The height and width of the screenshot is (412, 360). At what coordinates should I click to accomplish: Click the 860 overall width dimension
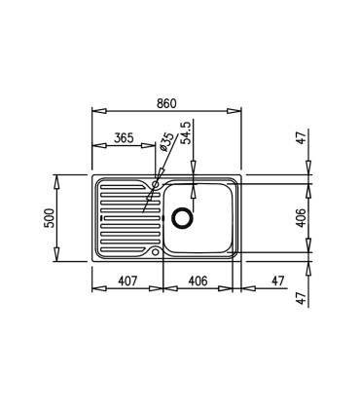point(166,103)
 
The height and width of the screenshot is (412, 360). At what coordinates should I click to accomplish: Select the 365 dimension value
point(124,138)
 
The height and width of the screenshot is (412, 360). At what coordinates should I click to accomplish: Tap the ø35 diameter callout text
point(166,141)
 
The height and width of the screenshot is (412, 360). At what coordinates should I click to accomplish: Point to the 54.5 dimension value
point(187,132)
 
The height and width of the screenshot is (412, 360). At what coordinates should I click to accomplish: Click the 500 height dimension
point(49,218)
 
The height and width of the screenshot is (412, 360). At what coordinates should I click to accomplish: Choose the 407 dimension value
point(127,281)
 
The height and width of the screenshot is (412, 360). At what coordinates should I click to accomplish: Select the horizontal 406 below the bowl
point(198,281)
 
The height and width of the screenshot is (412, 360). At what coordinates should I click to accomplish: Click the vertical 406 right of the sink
point(301,218)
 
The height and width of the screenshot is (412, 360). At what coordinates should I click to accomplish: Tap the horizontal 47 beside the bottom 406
point(277,281)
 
